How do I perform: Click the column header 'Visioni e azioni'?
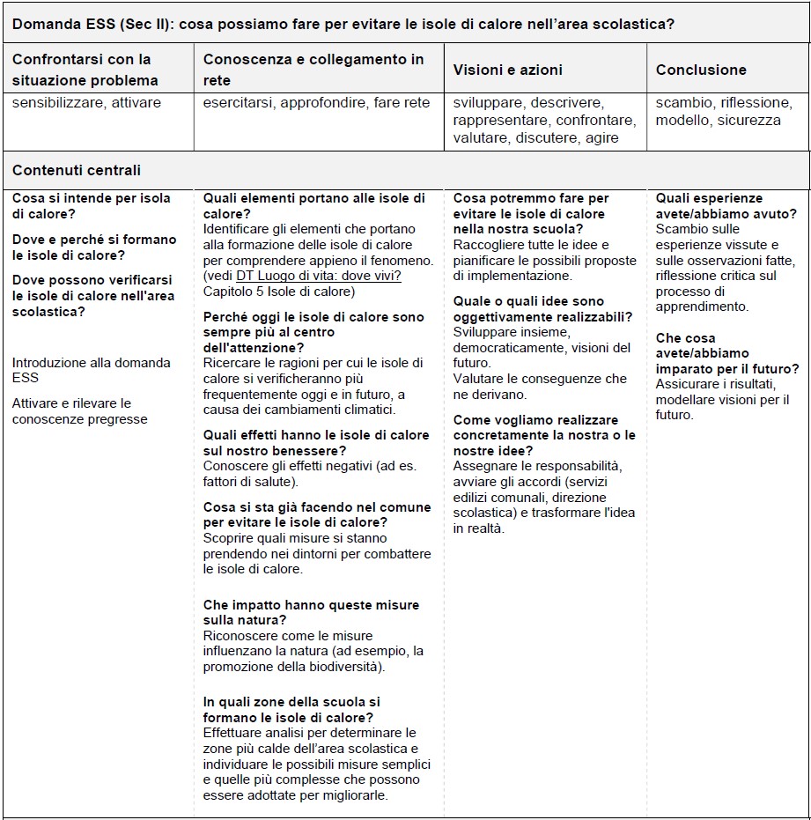[507, 70]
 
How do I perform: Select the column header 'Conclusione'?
[701, 70]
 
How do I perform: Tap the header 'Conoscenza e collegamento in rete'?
[313, 70]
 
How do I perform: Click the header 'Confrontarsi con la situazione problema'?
[85, 70]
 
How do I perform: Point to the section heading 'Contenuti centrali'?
[77, 170]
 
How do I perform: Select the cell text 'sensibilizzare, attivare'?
[86, 103]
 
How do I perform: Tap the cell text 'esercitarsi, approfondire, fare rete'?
[316, 103]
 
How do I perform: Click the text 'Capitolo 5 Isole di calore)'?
[279, 292]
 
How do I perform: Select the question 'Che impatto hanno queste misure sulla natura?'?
[311, 612]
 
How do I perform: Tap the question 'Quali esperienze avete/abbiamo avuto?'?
[726, 206]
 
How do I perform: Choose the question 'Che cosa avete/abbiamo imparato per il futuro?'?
[727, 353]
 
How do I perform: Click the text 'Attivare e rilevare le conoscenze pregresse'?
[79, 411]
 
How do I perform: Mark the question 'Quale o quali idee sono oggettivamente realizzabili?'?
[542, 309]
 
